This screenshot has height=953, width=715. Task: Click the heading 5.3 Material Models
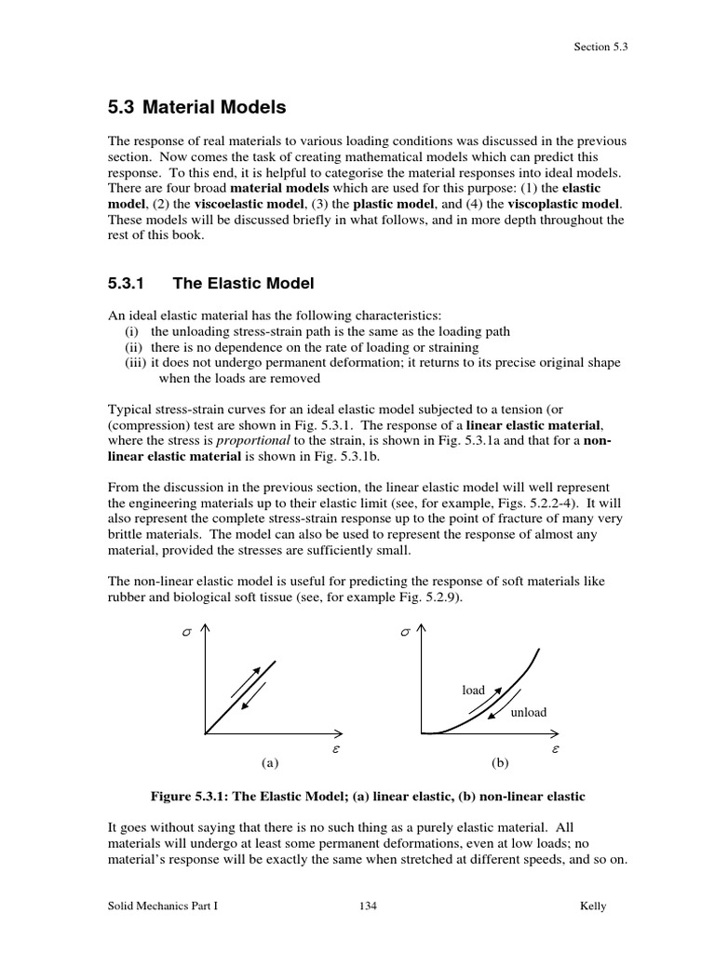(197, 108)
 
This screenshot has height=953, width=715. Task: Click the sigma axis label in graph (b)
(404, 633)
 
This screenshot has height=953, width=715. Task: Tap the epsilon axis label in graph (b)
(555, 748)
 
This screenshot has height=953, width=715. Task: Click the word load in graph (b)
(473, 691)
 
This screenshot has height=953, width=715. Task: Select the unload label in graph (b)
(528, 713)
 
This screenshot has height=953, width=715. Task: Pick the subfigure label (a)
(270, 763)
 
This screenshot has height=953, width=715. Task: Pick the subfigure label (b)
(500, 763)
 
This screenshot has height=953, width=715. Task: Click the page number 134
(368, 907)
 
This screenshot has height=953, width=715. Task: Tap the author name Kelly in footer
(591, 907)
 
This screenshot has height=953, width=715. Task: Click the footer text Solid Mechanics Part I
(163, 907)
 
